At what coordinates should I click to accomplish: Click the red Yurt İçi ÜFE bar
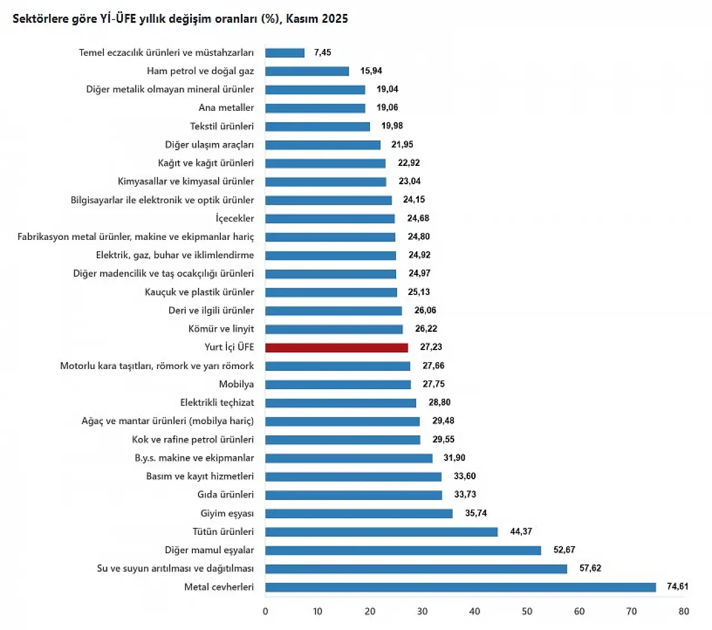337,348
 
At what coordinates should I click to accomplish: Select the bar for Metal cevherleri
461,587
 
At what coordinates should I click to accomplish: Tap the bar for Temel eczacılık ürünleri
285,53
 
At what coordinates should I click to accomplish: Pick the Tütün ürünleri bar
382,532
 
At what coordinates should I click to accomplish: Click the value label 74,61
678,587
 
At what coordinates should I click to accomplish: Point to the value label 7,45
323,52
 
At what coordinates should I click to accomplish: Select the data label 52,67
564,550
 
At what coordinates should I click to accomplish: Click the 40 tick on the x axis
474,612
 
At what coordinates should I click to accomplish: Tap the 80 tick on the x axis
684,612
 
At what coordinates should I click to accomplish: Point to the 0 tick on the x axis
265,612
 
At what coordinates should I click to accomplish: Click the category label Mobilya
236,384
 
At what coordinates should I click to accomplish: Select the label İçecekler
235,218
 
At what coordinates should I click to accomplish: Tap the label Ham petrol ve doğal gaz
200,71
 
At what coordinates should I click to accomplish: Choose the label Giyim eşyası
227,513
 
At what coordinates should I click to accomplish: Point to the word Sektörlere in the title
40,19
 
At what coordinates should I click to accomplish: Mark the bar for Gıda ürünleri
354,495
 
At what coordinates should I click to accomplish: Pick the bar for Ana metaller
315,108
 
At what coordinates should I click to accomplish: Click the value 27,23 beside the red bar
431,347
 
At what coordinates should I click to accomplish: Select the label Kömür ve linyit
221,329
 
